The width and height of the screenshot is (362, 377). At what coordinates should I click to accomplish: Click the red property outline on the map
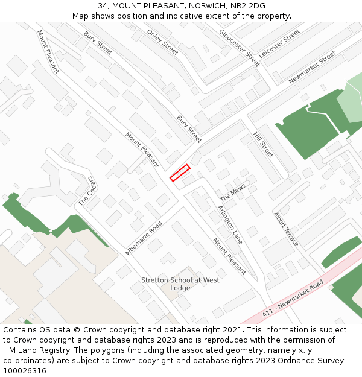[180, 173]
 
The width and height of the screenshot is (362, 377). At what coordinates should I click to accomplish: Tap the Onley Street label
[162, 42]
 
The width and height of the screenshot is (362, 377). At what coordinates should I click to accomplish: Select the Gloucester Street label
[239, 47]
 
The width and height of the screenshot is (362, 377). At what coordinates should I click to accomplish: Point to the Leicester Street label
[279, 43]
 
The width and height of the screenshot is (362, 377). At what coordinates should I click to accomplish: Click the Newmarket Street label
[312, 68]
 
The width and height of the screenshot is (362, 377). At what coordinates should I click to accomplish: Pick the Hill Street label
[263, 145]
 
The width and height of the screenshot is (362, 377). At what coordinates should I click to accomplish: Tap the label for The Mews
[232, 194]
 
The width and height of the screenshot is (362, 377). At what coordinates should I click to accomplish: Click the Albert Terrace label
[285, 229]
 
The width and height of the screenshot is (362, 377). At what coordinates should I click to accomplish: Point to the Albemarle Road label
[144, 238]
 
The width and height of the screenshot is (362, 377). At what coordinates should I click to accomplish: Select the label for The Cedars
[88, 191]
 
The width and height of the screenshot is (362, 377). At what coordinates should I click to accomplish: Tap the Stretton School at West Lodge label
[180, 284]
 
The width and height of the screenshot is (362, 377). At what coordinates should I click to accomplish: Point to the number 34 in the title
[103, 6]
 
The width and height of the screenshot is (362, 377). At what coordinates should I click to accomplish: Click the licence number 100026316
[25, 371]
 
